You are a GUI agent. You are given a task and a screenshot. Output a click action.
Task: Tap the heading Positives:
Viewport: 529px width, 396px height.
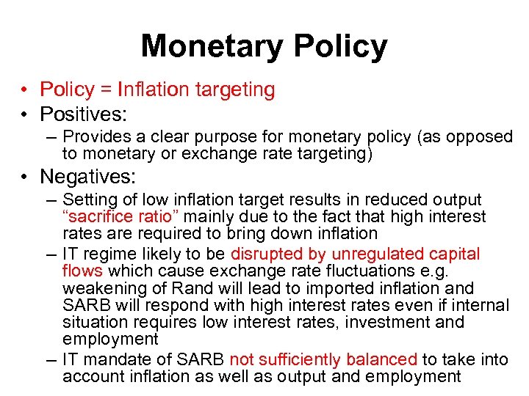[x=83, y=114]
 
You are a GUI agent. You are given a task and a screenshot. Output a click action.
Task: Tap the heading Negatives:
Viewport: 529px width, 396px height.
[x=88, y=177]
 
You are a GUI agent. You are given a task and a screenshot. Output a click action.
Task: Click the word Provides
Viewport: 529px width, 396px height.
[x=93, y=137]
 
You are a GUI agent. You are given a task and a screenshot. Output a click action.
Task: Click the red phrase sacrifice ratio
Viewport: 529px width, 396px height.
[x=122, y=216]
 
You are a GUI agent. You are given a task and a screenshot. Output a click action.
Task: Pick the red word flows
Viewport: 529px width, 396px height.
[x=82, y=271]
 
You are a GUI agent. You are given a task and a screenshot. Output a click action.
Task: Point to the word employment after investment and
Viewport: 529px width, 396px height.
[x=110, y=340]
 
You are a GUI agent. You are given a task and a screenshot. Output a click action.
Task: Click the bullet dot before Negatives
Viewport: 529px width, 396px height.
[x=24, y=177]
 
